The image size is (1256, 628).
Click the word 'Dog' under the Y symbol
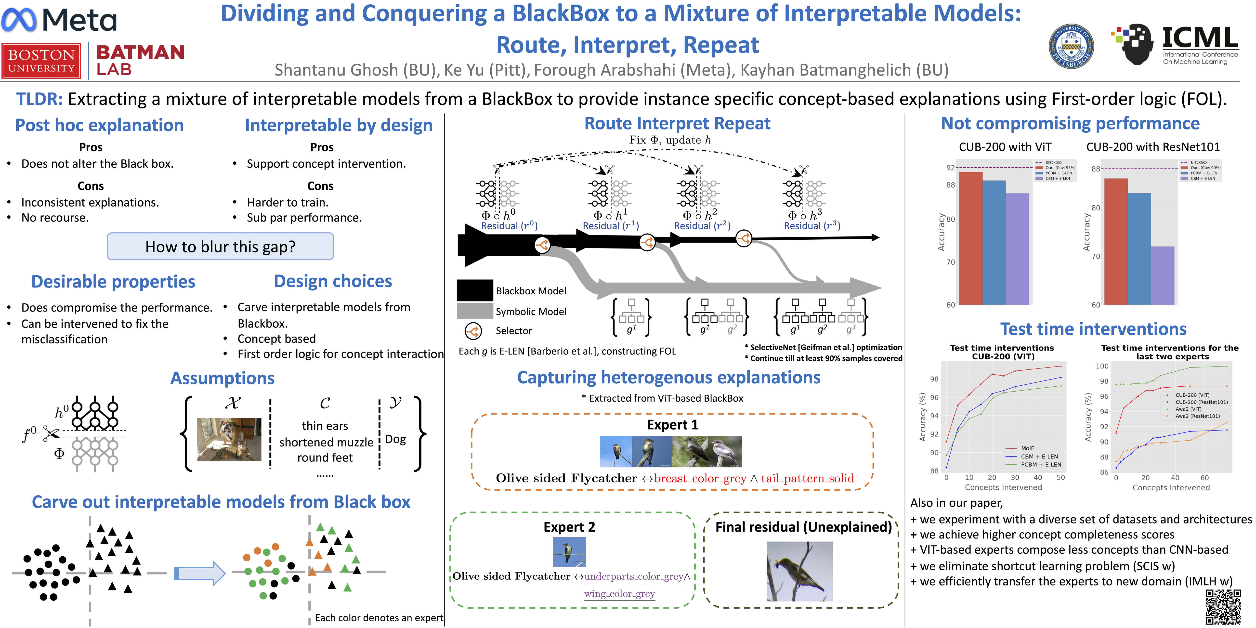click(395, 439)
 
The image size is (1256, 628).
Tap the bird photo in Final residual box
click(800, 571)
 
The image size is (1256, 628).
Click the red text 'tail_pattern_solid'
click(807, 478)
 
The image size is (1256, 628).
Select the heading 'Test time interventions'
click(1093, 329)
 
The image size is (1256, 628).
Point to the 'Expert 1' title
click(672, 425)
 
